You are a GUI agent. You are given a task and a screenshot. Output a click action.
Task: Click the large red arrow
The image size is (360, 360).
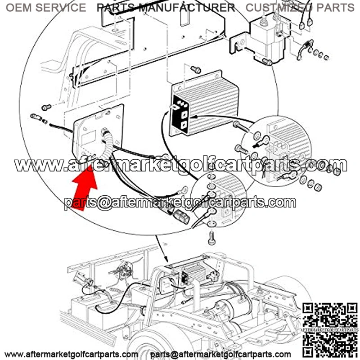(85, 186)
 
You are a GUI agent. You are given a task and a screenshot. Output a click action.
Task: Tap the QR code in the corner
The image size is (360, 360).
(330, 331)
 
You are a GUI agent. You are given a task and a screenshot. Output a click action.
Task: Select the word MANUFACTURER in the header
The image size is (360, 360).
(187, 8)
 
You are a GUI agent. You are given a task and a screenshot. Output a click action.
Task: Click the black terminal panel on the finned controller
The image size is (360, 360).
(180, 115)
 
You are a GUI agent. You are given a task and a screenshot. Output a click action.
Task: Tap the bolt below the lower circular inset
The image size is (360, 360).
(211, 238)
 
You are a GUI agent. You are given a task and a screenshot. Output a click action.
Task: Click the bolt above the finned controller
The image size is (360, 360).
(196, 69)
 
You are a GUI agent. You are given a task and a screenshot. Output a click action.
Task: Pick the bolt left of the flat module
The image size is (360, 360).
(46, 107)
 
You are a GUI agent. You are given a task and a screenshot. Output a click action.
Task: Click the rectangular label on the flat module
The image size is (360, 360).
(89, 138)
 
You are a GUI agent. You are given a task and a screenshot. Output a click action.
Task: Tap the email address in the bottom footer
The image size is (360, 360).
(220, 355)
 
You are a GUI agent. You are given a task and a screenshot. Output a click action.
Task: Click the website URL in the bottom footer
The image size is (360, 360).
(71, 355)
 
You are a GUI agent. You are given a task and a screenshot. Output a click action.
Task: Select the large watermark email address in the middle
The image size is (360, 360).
(180, 203)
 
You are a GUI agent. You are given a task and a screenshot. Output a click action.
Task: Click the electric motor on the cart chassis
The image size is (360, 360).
(232, 309)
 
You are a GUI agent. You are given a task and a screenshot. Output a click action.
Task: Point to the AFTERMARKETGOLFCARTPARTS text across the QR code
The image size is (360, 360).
(330, 330)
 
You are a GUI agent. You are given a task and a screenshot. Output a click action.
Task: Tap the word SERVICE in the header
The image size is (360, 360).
(61, 8)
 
